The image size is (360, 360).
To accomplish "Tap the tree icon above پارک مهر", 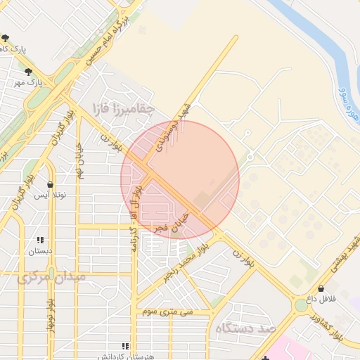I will pyautogui.click(x=29, y=72).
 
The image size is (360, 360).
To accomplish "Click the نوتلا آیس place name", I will pyautogui.click(x=51, y=194).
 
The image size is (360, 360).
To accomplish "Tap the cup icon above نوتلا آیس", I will pyautogui.click(x=51, y=184).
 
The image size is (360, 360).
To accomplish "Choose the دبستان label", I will pyautogui.click(x=40, y=250).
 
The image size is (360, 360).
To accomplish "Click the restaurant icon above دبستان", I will pyautogui.click(x=40, y=240).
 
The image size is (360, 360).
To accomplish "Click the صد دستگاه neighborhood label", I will pyautogui.click(x=247, y=328).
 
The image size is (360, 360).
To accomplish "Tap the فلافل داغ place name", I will pyautogui.click(x=321, y=300).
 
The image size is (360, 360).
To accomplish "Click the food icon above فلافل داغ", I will pyautogui.click(x=321, y=288).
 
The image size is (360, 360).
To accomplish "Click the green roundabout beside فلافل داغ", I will pyautogui.click(x=300, y=306).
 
